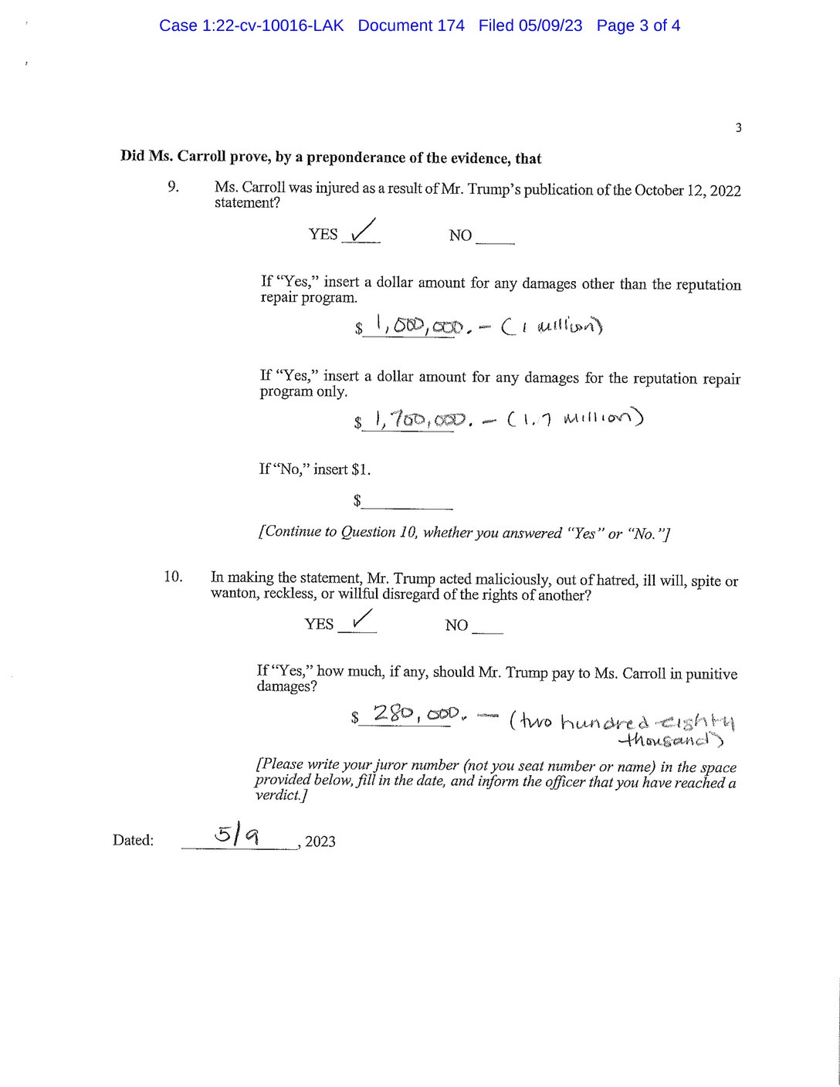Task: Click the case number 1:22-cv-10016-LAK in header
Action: tap(251, 25)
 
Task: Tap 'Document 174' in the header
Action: tap(411, 25)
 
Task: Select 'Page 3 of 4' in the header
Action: tap(638, 25)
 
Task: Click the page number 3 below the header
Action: tap(738, 128)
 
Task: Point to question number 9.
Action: tap(173, 187)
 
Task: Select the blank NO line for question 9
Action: tap(495, 237)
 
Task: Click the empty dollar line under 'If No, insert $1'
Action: tap(407, 502)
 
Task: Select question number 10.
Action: tap(173, 577)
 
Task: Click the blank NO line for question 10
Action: tap(486, 627)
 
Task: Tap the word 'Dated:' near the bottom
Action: tap(133, 841)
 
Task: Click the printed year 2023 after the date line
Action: tap(320, 841)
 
